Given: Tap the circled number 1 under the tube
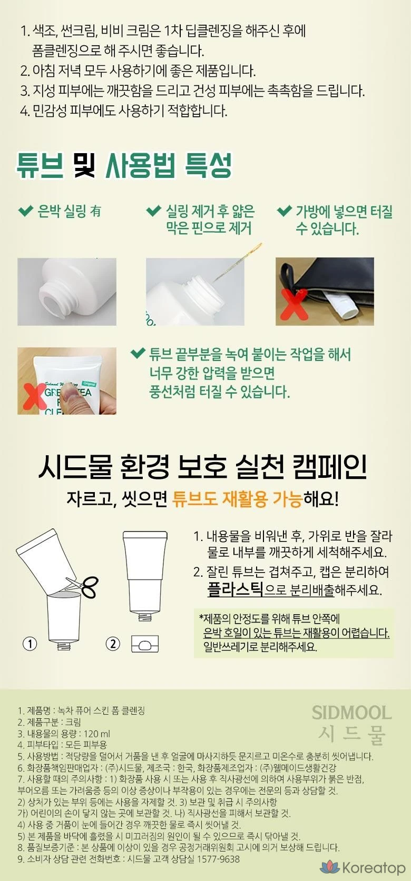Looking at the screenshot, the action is (x=30, y=644).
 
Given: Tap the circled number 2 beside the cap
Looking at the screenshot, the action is (x=113, y=644).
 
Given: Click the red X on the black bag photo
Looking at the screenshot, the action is (x=293, y=306).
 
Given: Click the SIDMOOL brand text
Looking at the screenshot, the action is (x=351, y=713).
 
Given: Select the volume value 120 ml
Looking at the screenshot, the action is (x=97, y=734).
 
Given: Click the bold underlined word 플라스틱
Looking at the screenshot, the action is (x=234, y=590).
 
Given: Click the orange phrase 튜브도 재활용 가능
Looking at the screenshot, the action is (x=237, y=499).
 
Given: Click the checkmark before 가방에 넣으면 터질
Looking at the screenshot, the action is (x=284, y=211).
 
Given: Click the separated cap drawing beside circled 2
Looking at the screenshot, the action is (x=145, y=644).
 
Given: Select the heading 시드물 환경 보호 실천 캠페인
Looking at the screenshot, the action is (x=203, y=466).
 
